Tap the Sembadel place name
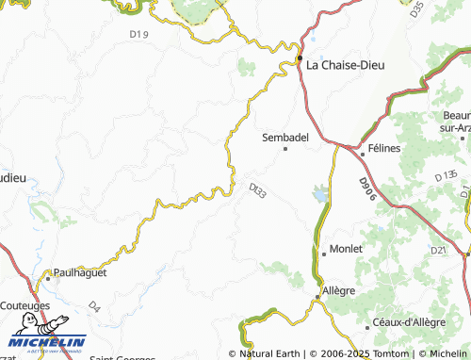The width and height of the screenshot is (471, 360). click(285, 137)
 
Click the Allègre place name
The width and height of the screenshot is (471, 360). click(339, 290)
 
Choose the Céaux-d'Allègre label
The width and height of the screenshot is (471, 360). click(406, 323)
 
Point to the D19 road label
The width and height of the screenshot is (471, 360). click(138, 35)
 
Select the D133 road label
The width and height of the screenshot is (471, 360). click(258, 190)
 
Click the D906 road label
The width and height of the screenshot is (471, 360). click(366, 188)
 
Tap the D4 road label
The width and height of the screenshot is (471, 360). click(93, 306)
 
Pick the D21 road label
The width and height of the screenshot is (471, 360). click(437, 250)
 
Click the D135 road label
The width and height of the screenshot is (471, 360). click(446, 175)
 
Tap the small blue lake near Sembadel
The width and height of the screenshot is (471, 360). click(322, 193)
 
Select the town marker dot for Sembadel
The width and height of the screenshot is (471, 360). click(285, 148)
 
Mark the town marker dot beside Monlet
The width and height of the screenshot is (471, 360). click(323, 253)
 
